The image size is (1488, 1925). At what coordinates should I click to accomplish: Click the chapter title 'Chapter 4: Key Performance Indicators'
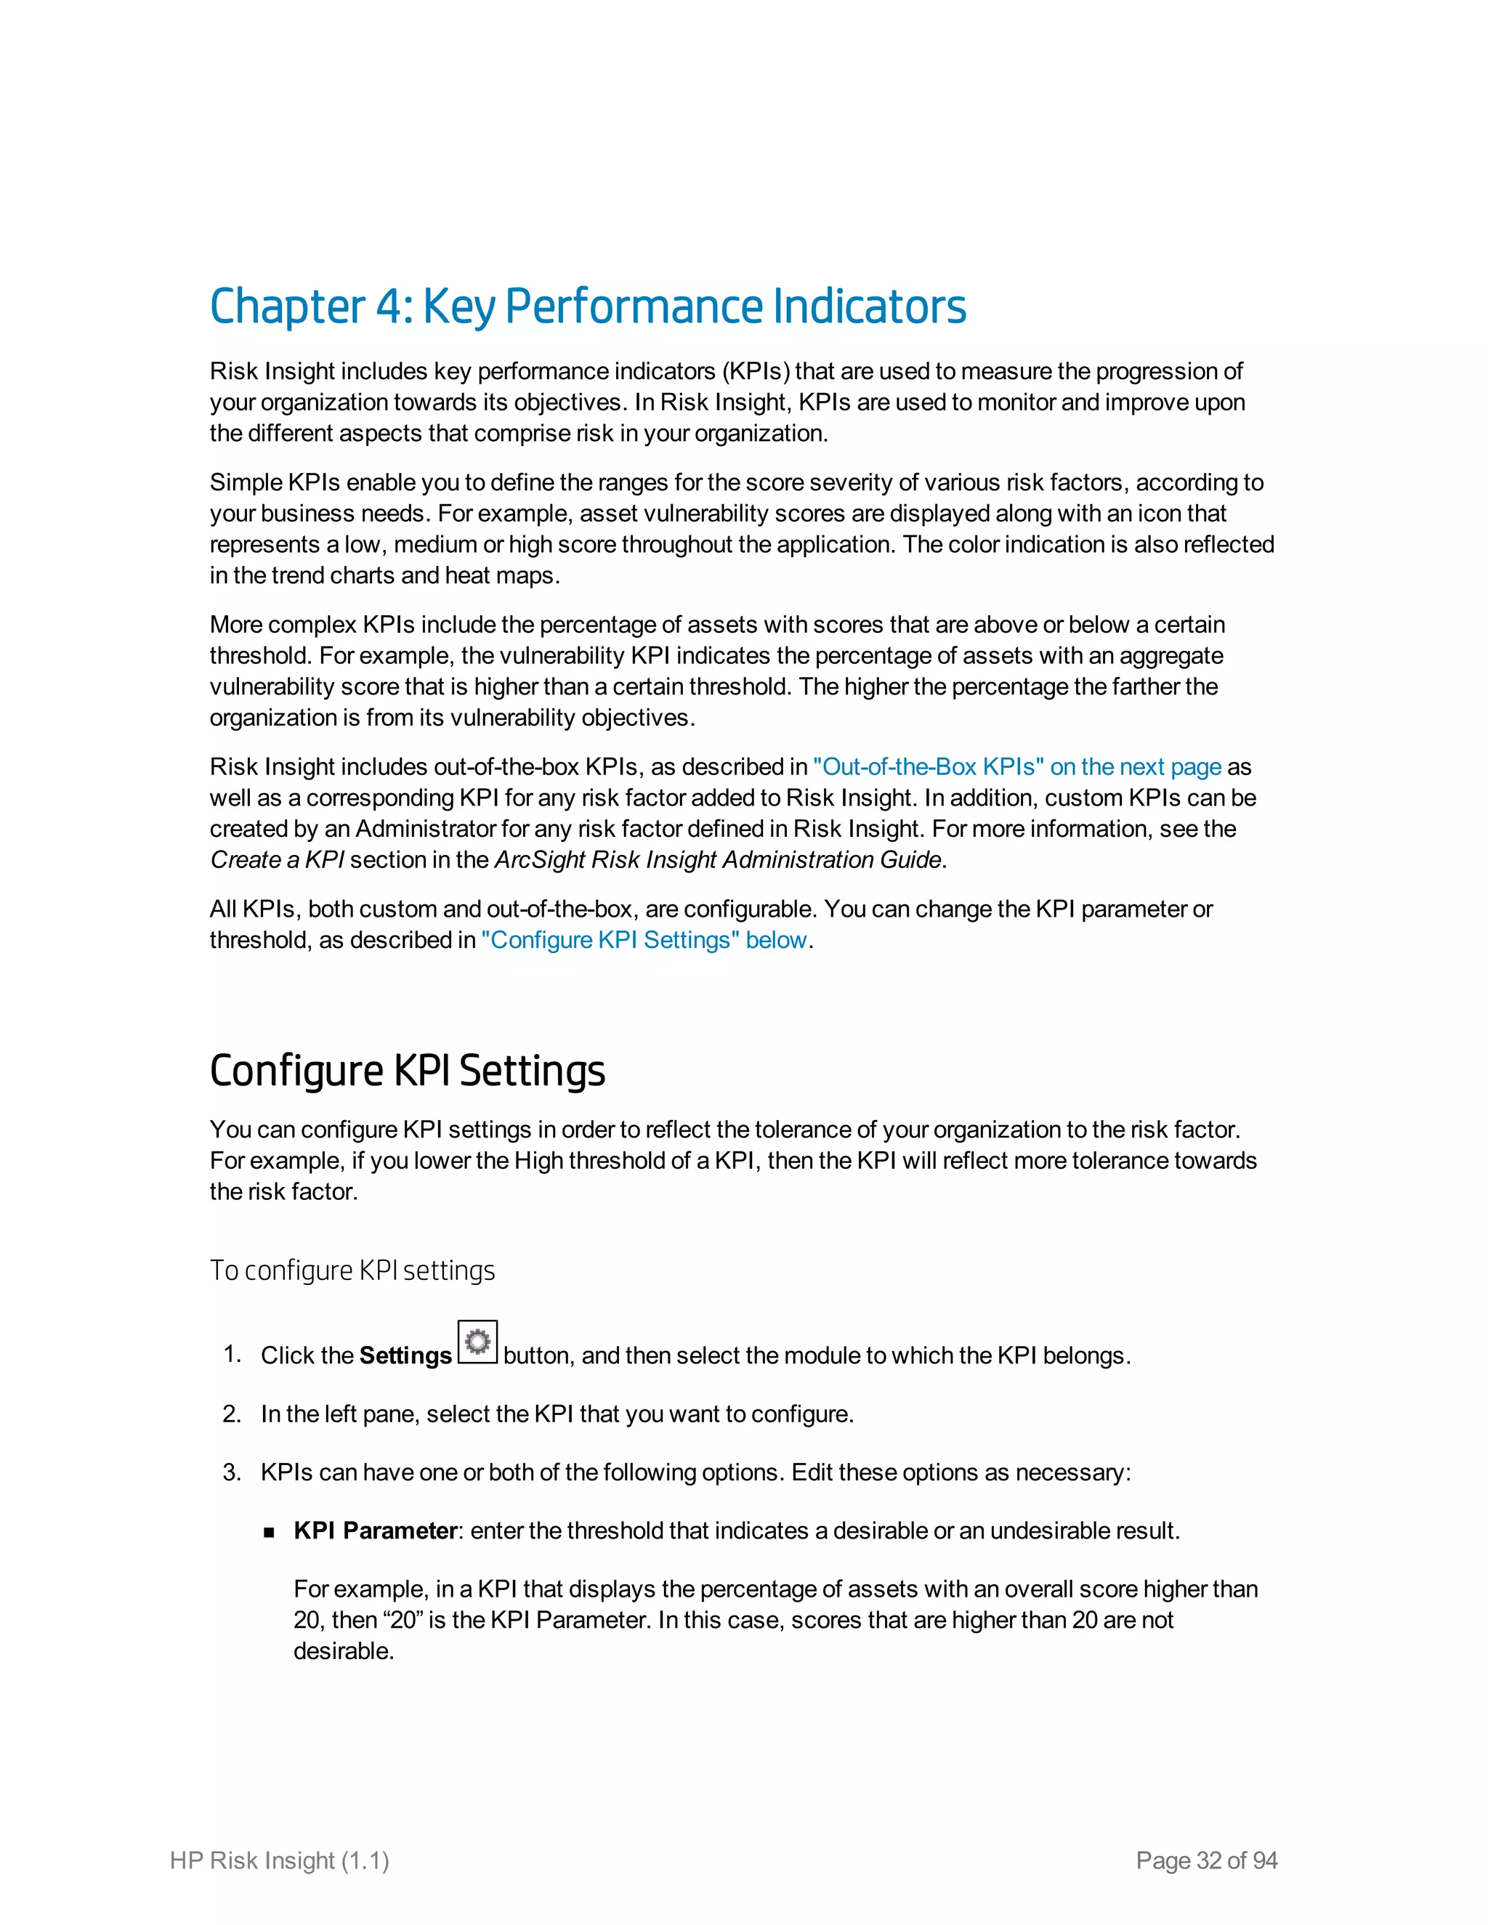[588, 307]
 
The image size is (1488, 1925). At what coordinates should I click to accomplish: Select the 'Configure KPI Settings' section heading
[408, 1071]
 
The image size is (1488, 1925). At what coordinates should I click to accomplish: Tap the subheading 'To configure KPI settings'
[352, 1270]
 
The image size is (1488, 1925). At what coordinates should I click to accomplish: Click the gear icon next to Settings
[478, 1342]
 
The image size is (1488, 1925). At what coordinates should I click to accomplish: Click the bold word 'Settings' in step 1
[405, 1355]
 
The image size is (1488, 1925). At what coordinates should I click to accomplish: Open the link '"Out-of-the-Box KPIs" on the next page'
[1016, 767]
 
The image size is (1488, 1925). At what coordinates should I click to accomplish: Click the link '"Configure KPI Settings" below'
[644, 941]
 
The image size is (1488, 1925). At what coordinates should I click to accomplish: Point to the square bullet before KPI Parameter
[270, 1533]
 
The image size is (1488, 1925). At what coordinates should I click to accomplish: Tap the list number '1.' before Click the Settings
[232, 1355]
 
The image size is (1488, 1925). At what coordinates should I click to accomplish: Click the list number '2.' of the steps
[232, 1414]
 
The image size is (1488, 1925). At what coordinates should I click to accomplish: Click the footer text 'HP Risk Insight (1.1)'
[280, 1860]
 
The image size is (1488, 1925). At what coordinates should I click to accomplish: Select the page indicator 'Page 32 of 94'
[1206, 1860]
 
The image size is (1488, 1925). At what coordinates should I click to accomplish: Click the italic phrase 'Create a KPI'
[277, 860]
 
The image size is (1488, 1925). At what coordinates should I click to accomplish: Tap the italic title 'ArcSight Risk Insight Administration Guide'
[718, 860]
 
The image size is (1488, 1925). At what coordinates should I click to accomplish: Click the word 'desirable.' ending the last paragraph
[344, 1651]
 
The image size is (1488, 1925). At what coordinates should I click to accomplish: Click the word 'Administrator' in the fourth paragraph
[426, 830]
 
